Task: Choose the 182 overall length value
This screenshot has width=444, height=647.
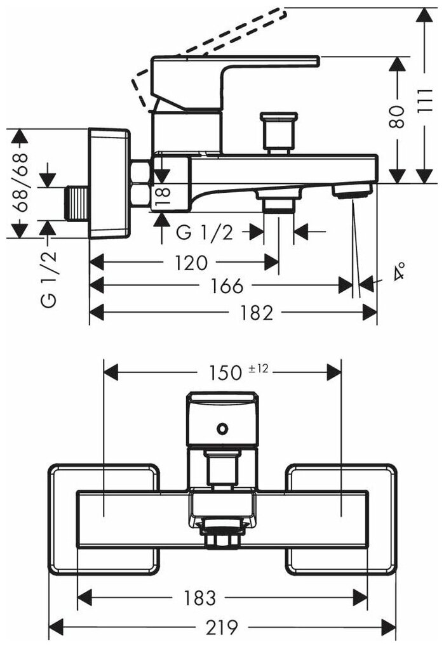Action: tap(257, 312)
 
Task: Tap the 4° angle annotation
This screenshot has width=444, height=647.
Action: tap(399, 274)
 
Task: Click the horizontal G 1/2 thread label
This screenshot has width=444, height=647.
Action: tap(205, 233)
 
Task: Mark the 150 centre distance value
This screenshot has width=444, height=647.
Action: tap(225, 372)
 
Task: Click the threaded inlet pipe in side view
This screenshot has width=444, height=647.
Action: tap(77, 204)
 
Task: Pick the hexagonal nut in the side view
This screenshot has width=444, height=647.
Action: tap(138, 184)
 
